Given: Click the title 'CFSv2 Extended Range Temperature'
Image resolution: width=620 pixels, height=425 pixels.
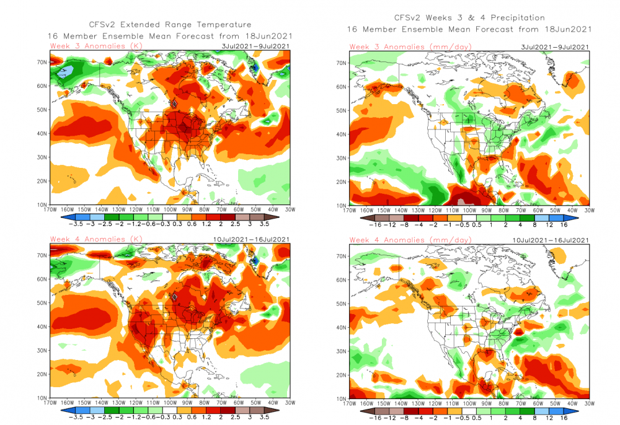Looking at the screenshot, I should tap(167, 24).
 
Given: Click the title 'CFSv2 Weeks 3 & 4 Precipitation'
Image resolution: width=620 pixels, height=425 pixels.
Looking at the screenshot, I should tap(469, 18).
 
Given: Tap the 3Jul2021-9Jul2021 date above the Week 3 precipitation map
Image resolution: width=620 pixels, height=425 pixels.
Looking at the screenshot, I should tap(556, 46).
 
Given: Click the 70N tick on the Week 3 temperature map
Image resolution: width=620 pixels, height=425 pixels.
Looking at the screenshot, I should tap(41, 62).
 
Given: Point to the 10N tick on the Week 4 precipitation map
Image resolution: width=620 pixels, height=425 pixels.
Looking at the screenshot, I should tap(340, 398).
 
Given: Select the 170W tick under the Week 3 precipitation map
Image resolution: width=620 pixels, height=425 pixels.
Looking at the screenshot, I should tap(350, 211).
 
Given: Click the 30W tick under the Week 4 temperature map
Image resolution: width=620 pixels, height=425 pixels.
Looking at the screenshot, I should tap(290, 404).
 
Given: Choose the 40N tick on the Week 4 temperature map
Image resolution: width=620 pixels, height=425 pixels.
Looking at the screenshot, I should tap(41, 326).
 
